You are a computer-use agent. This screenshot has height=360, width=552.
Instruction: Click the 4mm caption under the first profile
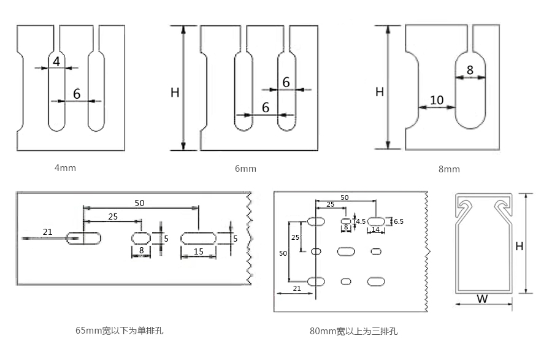click(x=65, y=167)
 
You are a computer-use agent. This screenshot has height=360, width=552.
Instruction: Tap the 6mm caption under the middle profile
click(x=245, y=169)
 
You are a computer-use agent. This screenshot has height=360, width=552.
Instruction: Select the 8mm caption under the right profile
click(x=449, y=169)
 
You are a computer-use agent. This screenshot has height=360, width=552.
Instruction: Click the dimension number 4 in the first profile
click(x=56, y=61)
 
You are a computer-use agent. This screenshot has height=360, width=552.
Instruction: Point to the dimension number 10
click(x=437, y=100)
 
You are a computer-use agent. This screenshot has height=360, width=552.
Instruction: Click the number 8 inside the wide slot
click(x=470, y=70)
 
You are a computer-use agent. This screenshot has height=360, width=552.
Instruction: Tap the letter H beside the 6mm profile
click(x=175, y=93)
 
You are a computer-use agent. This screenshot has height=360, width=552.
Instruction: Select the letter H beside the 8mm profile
click(x=380, y=92)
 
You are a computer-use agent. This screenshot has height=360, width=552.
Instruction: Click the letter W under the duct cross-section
click(x=482, y=299)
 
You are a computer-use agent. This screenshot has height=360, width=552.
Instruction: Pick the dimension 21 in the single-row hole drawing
click(x=47, y=231)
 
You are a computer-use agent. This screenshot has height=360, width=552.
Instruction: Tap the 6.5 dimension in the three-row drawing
click(x=399, y=221)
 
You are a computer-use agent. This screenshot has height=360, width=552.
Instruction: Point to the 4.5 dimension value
click(x=361, y=221)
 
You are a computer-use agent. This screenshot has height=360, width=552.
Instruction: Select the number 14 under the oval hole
click(x=376, y=229)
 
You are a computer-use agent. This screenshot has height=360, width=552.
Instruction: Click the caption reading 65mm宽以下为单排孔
click(x=120, y=331)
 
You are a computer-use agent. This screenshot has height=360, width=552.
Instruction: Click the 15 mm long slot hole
click(x=199, y=238)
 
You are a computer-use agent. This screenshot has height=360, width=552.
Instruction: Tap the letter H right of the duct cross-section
click(x=519, y=247)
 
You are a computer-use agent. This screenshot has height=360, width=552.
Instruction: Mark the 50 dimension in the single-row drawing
click(x=140, y=202)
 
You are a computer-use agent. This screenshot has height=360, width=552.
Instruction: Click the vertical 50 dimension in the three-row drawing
click(x=283, y=253)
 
